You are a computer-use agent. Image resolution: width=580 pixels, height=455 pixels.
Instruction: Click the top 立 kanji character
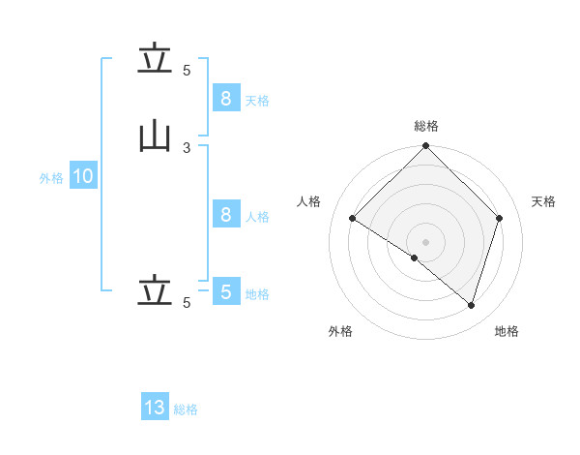click(x=155, y=57)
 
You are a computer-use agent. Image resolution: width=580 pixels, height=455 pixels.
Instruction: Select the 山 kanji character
click(x=155, y=137)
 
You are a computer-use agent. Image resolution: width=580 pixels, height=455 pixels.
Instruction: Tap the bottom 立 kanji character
click(x=155, y=289)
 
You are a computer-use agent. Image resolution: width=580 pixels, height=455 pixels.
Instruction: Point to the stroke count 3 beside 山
click(x=187, y=148)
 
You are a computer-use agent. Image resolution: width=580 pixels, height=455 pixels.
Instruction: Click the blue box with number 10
click(x=83, y=175)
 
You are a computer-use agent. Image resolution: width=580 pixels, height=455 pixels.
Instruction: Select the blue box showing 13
click(x=155, y=406)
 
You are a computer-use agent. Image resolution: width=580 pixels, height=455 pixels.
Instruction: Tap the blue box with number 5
click(x=226, y=290)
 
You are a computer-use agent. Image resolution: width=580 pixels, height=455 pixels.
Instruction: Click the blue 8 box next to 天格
click(x=226, y=98)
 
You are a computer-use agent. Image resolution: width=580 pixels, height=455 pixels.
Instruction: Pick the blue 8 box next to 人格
click(x=226, y=213)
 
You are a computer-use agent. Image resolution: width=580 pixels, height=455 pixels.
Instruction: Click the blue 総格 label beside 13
click(x=186, y=409)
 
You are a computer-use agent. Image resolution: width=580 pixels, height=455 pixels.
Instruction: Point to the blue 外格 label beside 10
click(x=51, y=178)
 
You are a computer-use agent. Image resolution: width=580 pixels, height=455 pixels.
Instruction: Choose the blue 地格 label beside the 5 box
click(x=257, y=294)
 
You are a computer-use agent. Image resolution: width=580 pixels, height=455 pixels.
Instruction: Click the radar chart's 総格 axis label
click(x=426, y=126)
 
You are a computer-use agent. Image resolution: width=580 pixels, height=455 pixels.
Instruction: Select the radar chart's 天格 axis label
click(x=543, y=201)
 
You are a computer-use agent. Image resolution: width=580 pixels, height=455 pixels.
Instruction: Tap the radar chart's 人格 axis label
click(x=308, y=201)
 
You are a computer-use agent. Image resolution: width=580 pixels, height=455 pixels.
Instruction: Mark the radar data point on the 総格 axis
click(x=425, y=145)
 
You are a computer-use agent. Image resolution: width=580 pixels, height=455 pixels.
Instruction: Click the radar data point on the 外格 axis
click(x=415, y=258)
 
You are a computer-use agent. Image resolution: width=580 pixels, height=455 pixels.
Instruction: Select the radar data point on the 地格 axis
click(x=471, y=305)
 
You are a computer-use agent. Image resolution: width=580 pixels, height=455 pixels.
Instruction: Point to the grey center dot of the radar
click(x=425, y=242)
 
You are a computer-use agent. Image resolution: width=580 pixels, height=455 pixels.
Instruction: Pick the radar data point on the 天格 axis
click(x=499, y=218)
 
